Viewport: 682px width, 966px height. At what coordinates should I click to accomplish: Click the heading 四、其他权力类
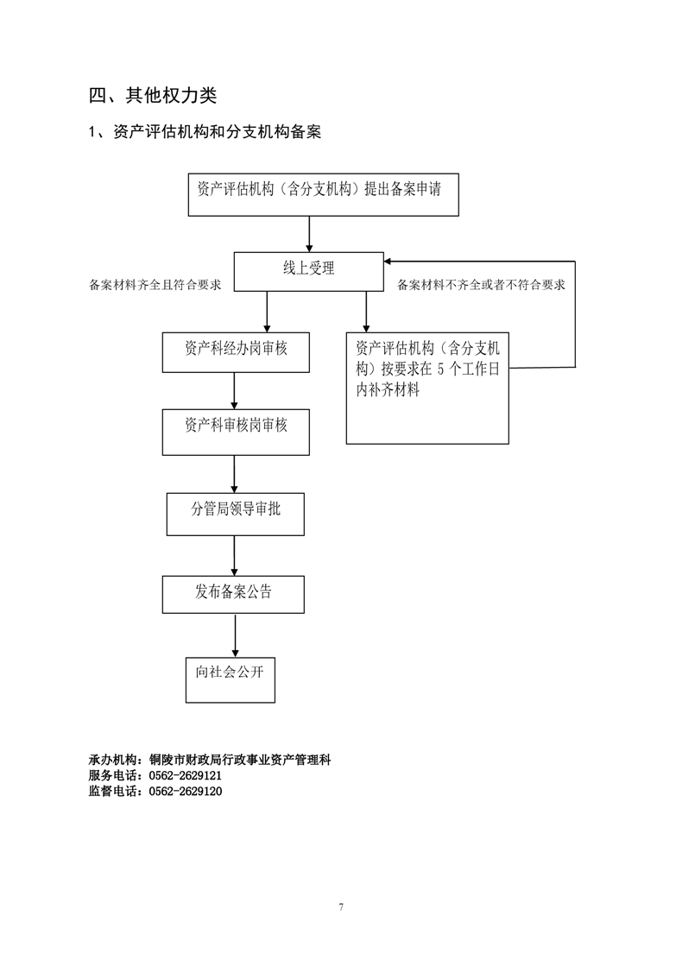click(x=153, y=96)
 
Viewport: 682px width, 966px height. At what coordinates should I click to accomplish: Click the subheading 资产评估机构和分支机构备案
click(x=217, y=132)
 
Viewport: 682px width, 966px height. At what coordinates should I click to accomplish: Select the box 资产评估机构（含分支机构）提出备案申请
click(x=324, y=195)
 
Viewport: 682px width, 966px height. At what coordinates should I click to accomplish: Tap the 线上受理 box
click(x=309, y=272)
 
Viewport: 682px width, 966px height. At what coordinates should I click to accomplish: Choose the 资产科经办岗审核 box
click(x=236, y=352)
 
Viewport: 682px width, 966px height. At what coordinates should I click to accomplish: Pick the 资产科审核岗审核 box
click(x=236, y=432)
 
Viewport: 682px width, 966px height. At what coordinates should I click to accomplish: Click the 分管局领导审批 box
click(x=236, y=514)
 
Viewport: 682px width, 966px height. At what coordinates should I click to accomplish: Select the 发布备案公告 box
click(x=233, y=595)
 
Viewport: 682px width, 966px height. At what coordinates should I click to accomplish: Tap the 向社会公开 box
click(x=230, y=680)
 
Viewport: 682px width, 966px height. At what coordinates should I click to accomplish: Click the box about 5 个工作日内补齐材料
click(x=427, y=388)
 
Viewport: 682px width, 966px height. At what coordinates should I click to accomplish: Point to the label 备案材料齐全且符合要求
click(x=155, y=285)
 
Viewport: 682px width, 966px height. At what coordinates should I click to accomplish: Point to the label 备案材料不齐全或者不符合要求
click(x=481, y=285)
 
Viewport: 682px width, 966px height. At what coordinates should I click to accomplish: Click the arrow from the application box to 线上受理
click(x=309, y=234)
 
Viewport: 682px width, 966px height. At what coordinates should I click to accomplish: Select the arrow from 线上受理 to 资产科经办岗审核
click(x=267, y=312)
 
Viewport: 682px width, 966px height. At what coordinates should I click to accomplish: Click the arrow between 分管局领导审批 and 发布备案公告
click(x=234, y=556)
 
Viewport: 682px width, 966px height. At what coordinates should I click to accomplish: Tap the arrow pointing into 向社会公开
click(x=235, y=635)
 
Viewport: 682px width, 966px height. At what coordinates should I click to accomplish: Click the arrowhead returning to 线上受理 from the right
click(x=388, y=262)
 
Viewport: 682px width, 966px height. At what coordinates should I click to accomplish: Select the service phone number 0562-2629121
click(x=186, y=775)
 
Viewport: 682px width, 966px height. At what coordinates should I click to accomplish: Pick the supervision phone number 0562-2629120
click(x=186, y=791)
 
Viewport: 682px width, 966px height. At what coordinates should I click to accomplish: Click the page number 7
click(x=341, y=906)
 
